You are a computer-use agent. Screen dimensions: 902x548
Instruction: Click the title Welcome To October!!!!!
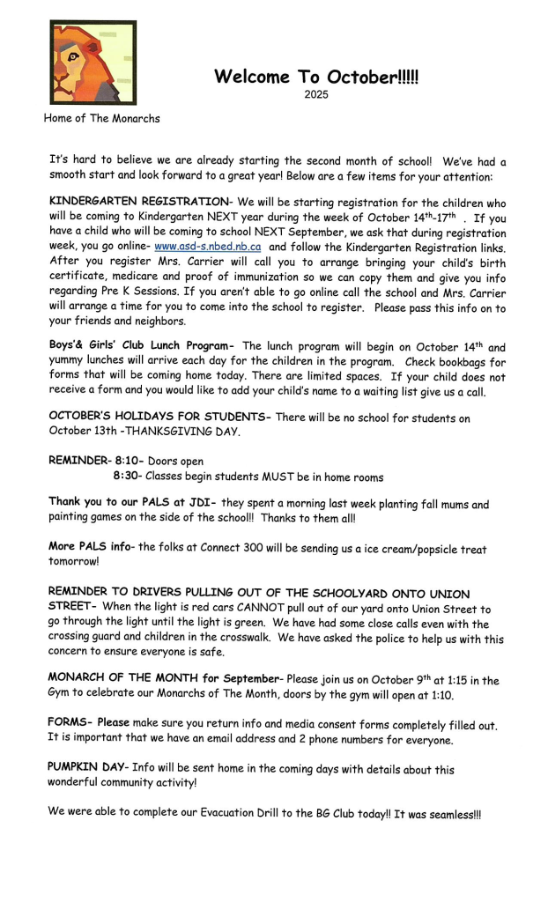coord(315,77)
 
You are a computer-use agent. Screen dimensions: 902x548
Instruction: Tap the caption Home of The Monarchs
coord(101,118)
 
